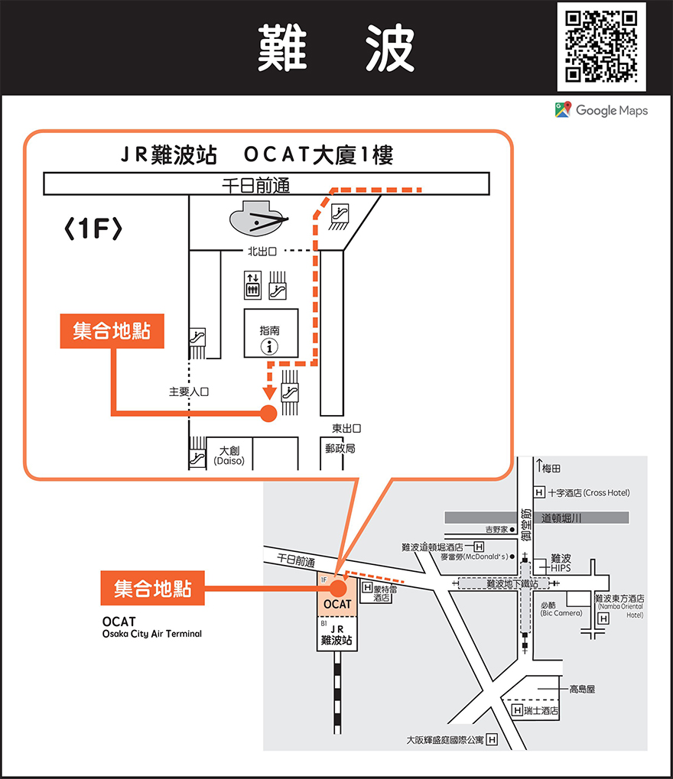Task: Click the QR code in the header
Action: tap(601, 46)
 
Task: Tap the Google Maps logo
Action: tap(601, 110)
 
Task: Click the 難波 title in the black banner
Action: tap(336, 47)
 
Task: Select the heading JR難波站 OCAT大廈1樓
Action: tap(257, 156)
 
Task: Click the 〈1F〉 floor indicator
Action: tap(93, 229)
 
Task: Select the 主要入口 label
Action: tap(188, 392)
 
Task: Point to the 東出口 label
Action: tap(346, 429)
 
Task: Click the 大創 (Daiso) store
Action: tap(229, 456)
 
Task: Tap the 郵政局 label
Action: tap(340, 449)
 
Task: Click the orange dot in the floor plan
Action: tap(268, 414)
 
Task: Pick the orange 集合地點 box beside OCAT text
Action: tap(153, 589)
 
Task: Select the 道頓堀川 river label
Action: tap(562, 518)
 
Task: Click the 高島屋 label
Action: tap(581, 689)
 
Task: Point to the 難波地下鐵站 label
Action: tap(512, 583)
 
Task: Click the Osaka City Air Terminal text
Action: tap(152, 634)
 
